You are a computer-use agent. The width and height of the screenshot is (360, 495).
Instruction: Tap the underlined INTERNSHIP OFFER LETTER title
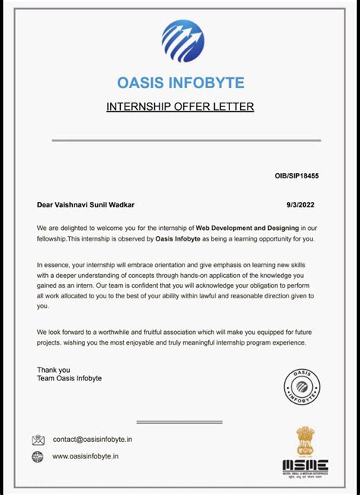pyautogui.click(x=180, y=106)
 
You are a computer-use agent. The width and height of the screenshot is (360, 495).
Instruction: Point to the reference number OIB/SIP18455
pyautogui.click(x=296, y=176)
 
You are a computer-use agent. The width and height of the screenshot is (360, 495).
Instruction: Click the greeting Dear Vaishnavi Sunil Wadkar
pyautogui.click(x=86, y=204)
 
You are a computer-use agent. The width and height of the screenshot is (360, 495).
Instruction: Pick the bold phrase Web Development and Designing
pyautogui.click(x=248, y=227)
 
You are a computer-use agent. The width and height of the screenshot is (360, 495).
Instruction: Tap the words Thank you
pyautogui.click(x=53, y=370)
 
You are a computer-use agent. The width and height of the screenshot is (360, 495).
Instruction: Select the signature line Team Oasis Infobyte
pyautogui.click(x=69, y=378)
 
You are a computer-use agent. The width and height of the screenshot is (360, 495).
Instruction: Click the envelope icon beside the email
pyautogui.click(x=38, y=440)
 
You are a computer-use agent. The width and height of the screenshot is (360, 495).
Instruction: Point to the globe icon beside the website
pyautogui.click(x=38, y=457)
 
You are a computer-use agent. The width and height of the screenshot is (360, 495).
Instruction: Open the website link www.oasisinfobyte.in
pyautogui.click(x=85, y=457)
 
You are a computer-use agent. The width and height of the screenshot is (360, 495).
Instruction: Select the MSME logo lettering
pyautogui.click(x=305, y=465)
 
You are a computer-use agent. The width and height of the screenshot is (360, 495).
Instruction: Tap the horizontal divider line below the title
pyautogui.click(x=186, y=140)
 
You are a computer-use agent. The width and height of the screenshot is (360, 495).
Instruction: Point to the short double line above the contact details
pyautogui.click(x=179, y=422)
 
